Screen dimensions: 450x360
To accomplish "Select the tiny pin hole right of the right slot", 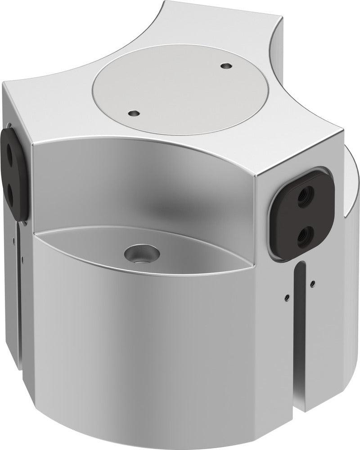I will coord(312,283).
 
